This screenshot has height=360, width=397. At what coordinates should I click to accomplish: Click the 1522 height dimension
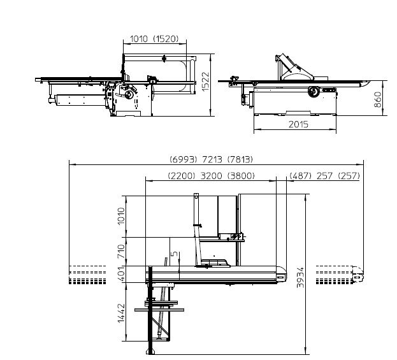click(206, 82)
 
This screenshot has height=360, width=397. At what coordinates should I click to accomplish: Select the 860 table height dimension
click(377, 99)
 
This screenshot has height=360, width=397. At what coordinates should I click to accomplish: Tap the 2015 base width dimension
click(298, 124)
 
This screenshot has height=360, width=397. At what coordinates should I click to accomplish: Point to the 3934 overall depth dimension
click(300, 277)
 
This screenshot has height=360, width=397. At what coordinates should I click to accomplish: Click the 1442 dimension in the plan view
click(122, 313)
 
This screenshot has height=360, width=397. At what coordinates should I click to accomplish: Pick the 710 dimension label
click(122, 251)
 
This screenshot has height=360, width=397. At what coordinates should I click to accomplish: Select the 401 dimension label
click(122, 274)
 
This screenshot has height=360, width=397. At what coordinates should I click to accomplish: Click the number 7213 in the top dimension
click(212, 160)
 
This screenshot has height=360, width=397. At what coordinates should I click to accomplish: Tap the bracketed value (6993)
click(183, 160)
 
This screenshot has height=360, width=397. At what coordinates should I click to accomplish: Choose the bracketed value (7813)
click(240, 160)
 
